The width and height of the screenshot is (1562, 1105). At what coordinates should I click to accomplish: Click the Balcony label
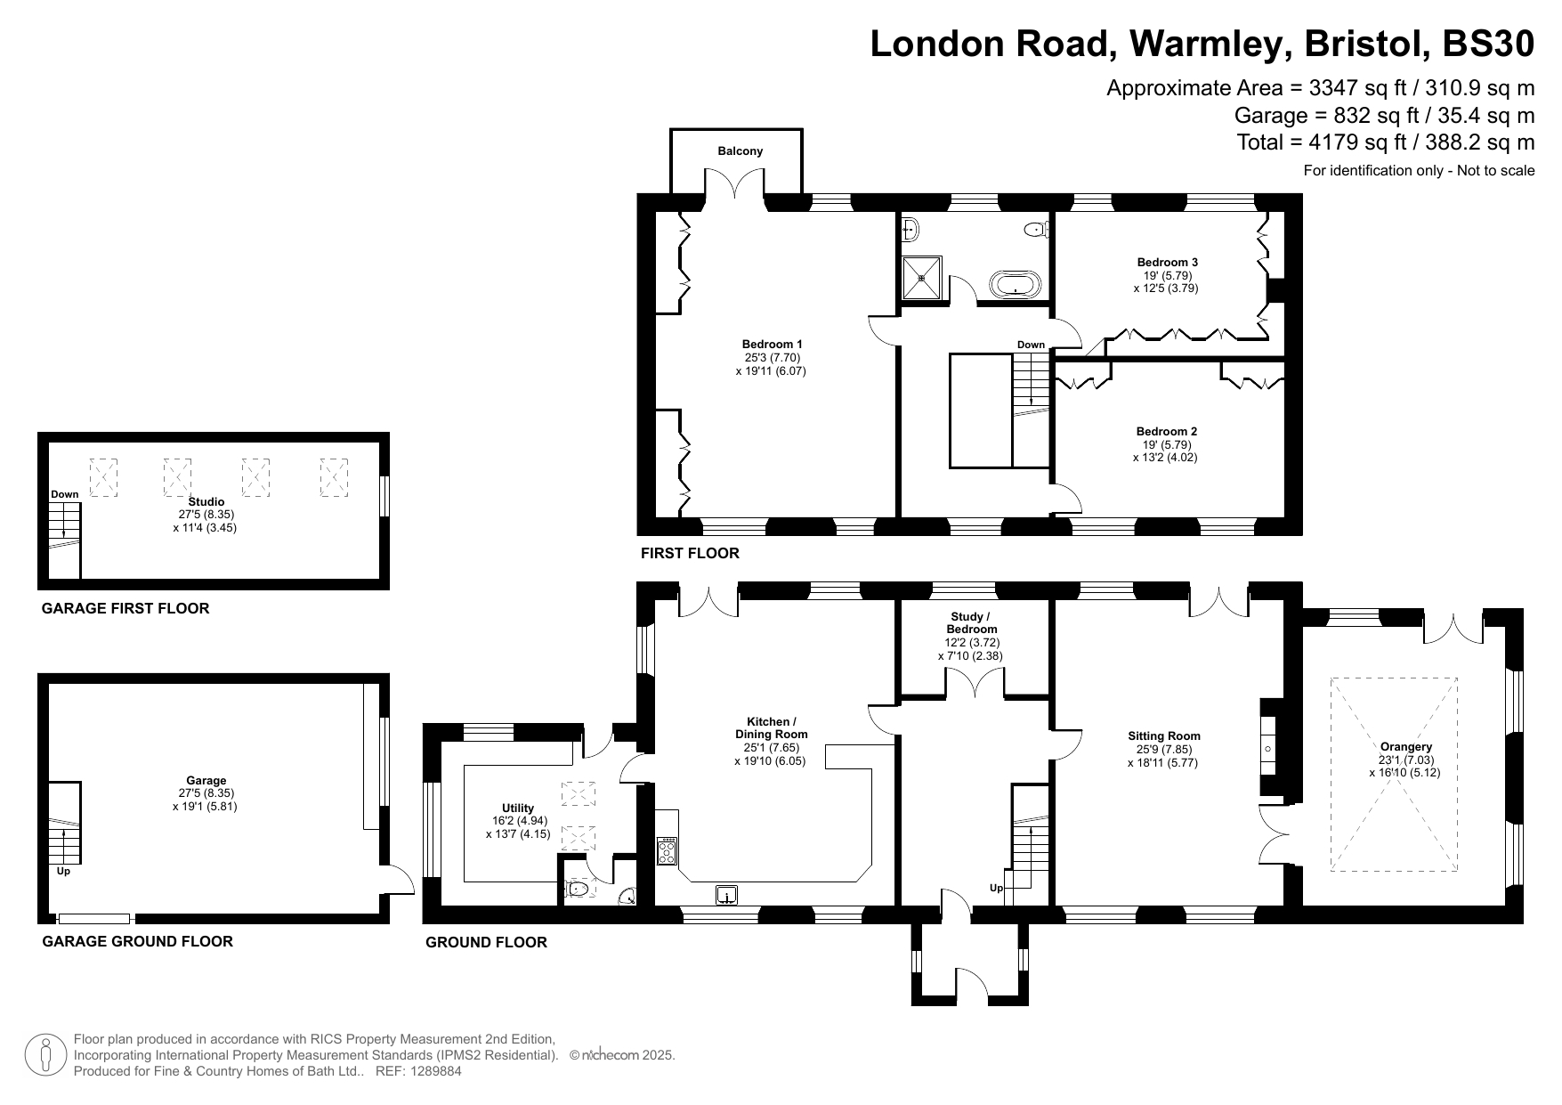[x=741, y=151]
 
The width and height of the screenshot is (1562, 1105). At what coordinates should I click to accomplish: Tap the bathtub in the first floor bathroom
[x=1015, y=285]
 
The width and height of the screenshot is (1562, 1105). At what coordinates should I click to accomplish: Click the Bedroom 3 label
[x=1168, y=263]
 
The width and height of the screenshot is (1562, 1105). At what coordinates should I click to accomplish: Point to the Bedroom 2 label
[x=1168, y=432]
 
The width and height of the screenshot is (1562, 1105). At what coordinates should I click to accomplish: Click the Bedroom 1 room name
[x=773, y=345]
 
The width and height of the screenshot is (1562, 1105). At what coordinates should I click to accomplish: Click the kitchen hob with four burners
[x=667, y=851]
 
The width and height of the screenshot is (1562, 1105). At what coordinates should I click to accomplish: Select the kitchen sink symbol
[x=727, y=896]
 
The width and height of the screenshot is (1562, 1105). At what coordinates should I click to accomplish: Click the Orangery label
[x=1406, y=747]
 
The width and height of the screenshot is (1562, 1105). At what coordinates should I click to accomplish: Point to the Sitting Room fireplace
[x=1269, y=746]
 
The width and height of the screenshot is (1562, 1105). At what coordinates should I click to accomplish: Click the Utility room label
[x=518, y=808]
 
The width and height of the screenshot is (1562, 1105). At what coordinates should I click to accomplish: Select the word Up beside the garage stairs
[x=63, y=872]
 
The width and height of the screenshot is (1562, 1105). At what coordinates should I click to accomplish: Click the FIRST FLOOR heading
[x=690, y=554]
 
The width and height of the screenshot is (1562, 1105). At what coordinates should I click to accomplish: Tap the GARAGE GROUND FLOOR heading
[x=138, y=942]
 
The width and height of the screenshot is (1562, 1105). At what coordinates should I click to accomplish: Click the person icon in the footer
[x=45, y=1055]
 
